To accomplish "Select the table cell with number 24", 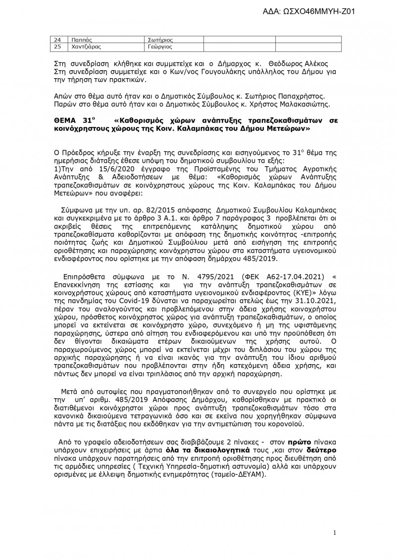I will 57,39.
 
